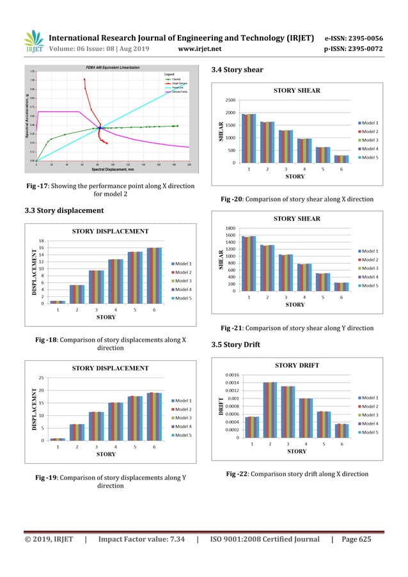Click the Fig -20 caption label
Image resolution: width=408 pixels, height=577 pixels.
click(x=231, y=199)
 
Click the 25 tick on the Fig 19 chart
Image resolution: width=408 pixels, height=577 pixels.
click(x=41, y=378)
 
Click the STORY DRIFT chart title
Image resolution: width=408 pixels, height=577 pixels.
click(x=297, y=365)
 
